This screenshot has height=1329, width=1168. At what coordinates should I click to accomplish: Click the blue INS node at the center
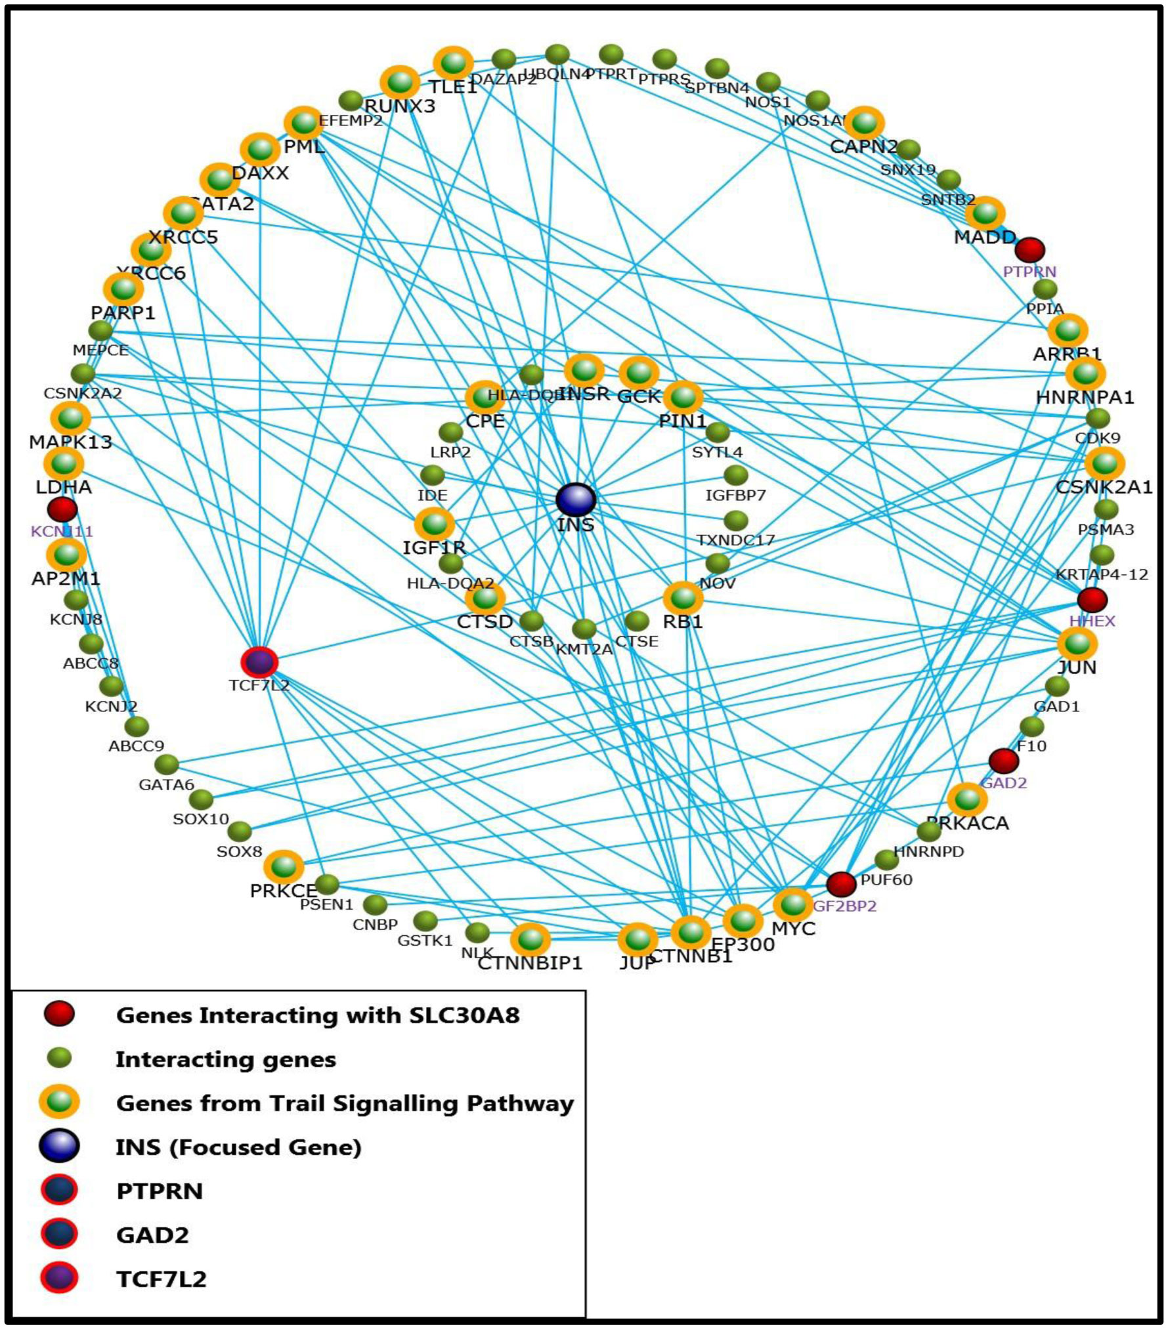tap(575, 500)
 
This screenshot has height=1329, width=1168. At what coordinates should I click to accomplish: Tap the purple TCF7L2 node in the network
tap(259, 662)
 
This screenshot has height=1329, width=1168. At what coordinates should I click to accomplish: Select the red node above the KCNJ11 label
tap(62, 509)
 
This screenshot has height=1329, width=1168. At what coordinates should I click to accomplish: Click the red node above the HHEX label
tap(1092, 599)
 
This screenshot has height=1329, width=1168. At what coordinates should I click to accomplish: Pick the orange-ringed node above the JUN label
tap(1077, 644)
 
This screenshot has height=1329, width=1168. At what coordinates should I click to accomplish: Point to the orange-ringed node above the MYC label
tap(793, 905)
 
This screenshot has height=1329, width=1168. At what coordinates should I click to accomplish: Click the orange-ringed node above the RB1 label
tap(683, 598)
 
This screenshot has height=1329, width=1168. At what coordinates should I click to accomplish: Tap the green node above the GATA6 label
tap(167, 764)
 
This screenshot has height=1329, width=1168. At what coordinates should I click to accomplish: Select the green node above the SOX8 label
tap(240, 832)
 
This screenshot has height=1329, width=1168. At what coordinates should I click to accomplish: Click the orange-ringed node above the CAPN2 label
tap(865, 123)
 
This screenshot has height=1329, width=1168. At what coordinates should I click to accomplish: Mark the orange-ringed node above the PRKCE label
tap(284, 867)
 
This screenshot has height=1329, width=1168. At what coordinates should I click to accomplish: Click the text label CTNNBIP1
tap(530, 963)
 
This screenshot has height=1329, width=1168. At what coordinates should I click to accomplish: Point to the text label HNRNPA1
tap(1085, 397)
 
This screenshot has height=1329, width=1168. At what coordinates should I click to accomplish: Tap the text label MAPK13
tap(70, 442)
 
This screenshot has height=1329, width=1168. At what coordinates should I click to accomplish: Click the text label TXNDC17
tap(735, 540)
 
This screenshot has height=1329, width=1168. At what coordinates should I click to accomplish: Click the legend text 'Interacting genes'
tap(226, 1059)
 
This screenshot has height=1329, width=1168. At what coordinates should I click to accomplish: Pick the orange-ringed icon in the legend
tap(59, 1102)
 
